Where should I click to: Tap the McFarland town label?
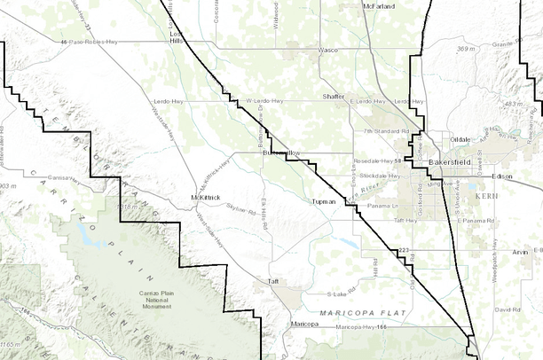(379, 6)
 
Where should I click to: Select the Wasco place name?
(327, 51)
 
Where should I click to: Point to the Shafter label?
(334, 96)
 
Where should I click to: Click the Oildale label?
(460, 140)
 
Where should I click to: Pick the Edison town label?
(502, 176)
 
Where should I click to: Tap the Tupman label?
(325, 201)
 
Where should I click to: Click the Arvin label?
(520, 252)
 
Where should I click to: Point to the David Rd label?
(508, 309)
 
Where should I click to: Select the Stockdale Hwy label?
(380, 176)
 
